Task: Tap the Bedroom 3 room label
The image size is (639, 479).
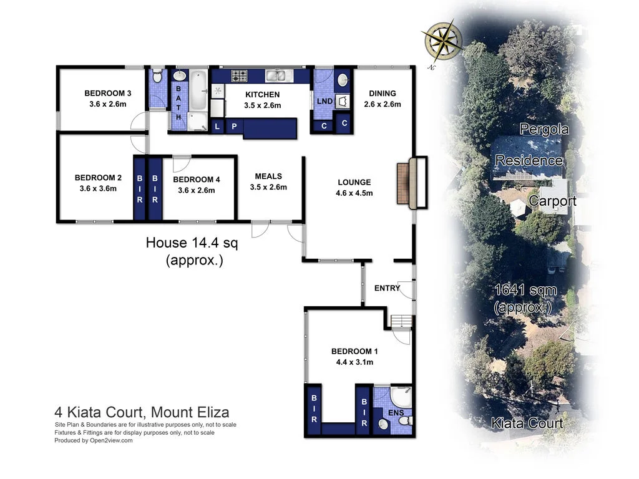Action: (107, 94)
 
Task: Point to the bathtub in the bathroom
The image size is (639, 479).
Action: (198, 90)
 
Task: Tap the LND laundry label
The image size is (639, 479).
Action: (324, 101)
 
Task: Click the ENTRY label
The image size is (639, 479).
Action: (387, 288)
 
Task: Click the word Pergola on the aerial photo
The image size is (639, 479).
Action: (544, 129)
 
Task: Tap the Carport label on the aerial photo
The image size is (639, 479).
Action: (552, 201)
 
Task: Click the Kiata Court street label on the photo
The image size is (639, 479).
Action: (527, 423)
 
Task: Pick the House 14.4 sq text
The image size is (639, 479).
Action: (192, 243)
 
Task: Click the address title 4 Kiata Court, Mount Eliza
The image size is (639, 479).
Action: (142, 412)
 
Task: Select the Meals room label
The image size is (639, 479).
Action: (268, 177)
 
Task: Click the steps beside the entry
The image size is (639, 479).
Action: (401, 322)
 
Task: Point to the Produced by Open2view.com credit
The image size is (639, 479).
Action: (94, 440)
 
